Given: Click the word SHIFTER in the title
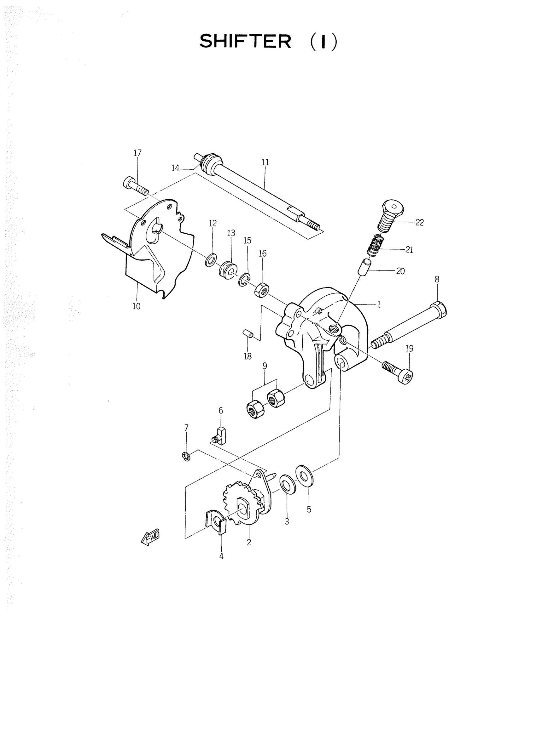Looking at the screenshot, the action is (x=245, y=42).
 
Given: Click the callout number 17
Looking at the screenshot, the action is (x=138, y=153).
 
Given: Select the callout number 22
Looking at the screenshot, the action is (x=419, y=223).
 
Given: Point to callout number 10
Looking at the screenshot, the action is (x=137, y=306).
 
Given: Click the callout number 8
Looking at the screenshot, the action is (x=437, y=280).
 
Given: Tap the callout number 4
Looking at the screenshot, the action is (x=221, y=556).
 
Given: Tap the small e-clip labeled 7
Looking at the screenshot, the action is (x=186, y=457).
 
